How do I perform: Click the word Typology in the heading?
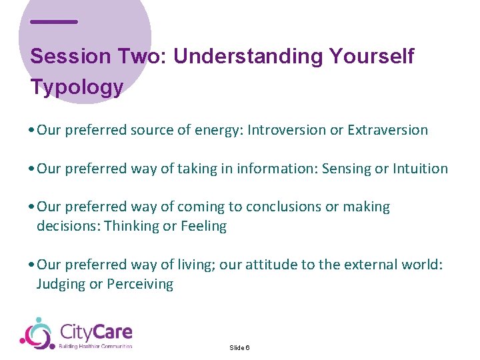tap(77, 87)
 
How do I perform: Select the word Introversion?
tap(287, 130)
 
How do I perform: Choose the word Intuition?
tap(420, 169)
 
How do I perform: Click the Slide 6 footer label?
tap(239, 348)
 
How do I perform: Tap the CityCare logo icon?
tap(37, 333)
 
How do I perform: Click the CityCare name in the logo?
tap(96, 331)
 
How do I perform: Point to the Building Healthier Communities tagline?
tap(96, 346)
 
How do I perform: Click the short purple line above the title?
tap(54, 22)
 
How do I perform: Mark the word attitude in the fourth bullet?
tap(273, 265)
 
